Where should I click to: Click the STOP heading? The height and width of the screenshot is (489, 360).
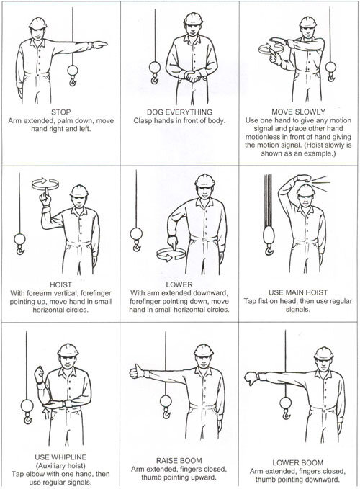(x=61, y=112)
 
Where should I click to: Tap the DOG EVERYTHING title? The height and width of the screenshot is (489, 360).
(x=179, y=112)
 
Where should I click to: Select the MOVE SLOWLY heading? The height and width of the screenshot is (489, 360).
(x=298, y=112)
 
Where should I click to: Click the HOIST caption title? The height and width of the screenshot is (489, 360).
(x=60, y=284)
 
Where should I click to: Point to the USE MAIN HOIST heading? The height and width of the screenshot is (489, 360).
(x=298, y=292)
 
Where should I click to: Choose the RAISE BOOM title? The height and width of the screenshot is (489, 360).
(x=179, y=461)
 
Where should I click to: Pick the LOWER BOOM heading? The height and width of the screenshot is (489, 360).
(x=298, y=462)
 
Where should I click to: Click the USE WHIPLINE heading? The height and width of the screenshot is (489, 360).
(x=60, y=457)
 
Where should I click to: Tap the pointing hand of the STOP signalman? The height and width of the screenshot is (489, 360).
(x=99, y=45)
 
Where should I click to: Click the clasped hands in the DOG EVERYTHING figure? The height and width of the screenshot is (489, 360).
(x=192, y=76)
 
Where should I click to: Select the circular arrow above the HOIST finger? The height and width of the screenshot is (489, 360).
(x=45, y=184)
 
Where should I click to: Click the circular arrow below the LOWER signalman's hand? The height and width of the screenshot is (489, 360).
(x=171, y=254)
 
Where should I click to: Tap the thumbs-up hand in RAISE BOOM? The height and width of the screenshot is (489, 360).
(x=137, y=371)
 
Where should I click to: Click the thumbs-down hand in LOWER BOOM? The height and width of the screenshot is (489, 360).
(x=251, y=378)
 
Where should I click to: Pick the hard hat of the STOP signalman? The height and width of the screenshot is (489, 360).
(x=37, y=23)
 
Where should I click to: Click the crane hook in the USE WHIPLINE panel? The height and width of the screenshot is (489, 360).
(x=28, y=418)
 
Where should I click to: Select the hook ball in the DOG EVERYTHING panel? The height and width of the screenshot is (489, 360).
(x=155, y=67)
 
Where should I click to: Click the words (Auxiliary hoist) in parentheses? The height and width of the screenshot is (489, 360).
(x=60, y=466)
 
